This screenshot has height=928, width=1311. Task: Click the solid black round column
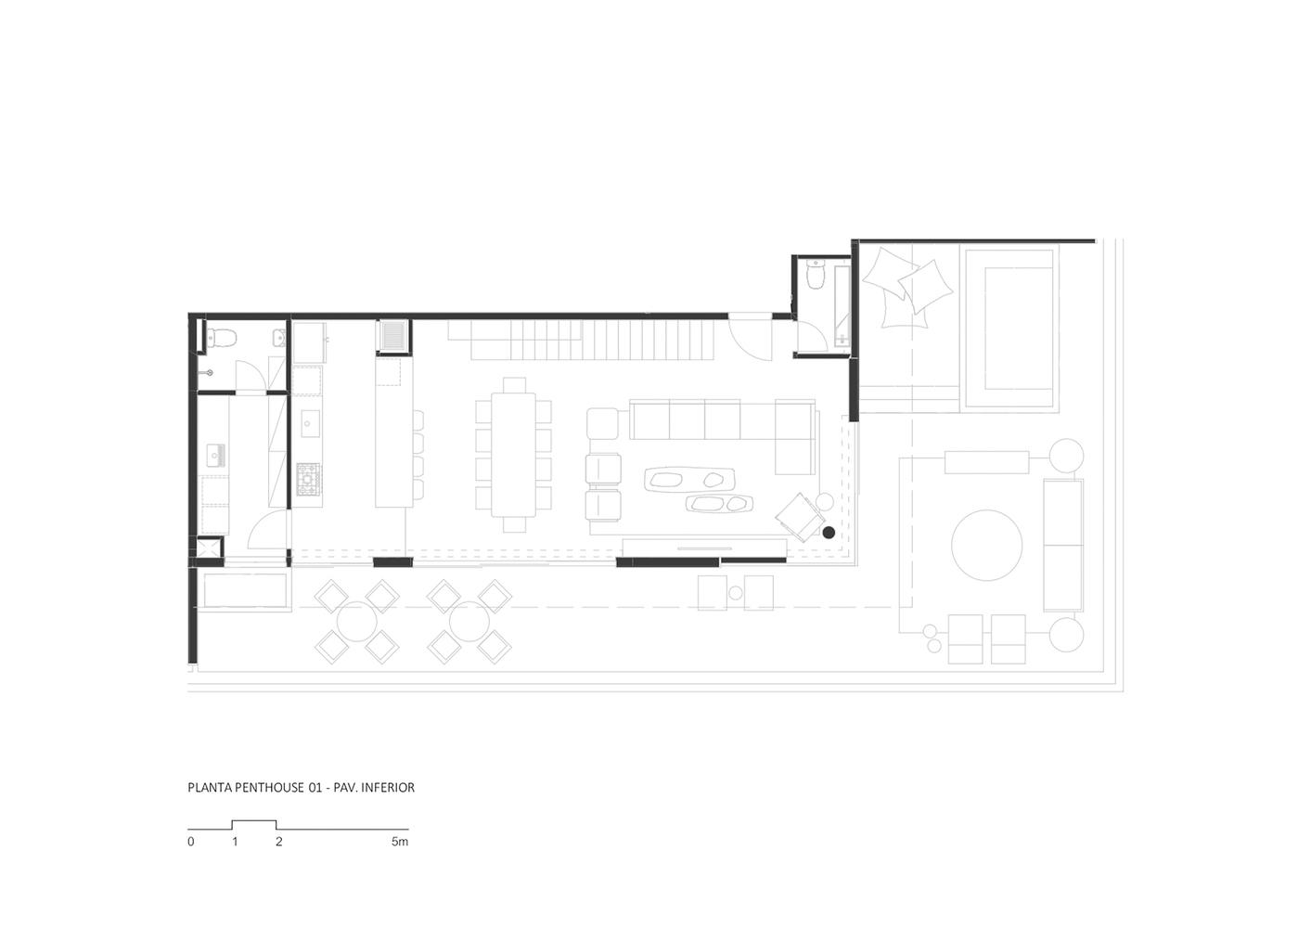(x=829, y=533)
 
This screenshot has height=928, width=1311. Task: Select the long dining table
(x=513, y=455)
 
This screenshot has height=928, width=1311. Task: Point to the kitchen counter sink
(x=310, y=423)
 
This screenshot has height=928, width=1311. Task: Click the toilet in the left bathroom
(x=221, y=337)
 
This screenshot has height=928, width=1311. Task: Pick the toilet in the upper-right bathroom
(x=815, y=274)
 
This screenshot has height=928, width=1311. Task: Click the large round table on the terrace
(x=987, y=545)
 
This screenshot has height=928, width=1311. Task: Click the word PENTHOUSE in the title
(x=270, y=788)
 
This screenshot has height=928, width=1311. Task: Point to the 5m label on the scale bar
(x=400, y=842)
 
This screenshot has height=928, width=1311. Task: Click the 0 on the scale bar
(x=191, y=842)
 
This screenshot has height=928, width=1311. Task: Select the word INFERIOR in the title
(x=388, y=788)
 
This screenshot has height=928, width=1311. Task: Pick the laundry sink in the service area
(x=216, y=456)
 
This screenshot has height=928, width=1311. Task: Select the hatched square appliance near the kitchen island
(x=393, y=336)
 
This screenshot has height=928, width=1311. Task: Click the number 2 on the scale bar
(x=279, y=842)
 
